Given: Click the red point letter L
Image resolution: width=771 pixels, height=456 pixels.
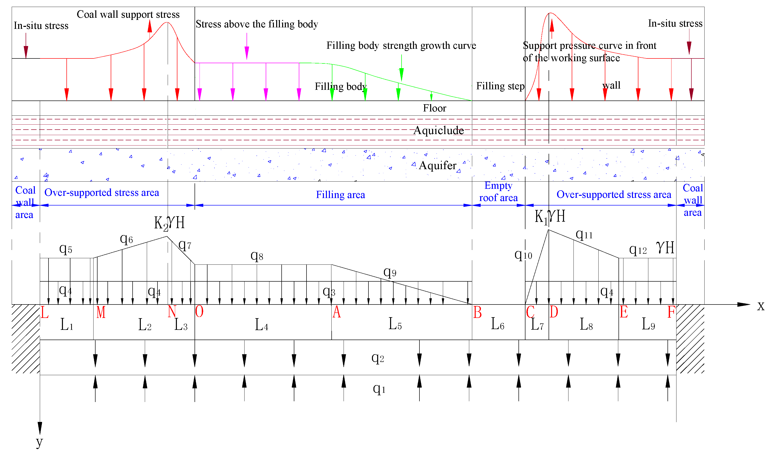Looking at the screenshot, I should tap(45, 312).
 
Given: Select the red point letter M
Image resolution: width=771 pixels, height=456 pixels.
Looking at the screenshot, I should tap(101, 312).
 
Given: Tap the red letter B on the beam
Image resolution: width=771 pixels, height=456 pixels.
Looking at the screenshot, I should tap(477, 312).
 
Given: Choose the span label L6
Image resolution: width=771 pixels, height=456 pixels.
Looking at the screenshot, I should tap(498, 324).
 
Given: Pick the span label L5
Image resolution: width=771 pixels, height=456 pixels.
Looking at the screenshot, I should tap(395, 324).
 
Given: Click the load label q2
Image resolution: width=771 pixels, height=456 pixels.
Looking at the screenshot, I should tap(378, 358).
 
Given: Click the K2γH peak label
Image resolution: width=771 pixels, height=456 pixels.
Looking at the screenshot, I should tap(169, 223).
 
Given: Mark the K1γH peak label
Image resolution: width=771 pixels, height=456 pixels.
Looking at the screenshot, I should tap(550, 216).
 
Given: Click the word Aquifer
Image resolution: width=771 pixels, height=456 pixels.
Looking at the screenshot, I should tap(437, 166).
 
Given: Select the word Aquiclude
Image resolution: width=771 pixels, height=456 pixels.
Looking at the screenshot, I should tap(439, 131).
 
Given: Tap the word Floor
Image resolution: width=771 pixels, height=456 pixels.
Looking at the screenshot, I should tap(434, 108).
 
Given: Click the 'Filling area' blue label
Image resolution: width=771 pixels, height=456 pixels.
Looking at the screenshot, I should tap(341, 195).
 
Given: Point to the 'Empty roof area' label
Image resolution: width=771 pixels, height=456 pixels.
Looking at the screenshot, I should tap(498, 192).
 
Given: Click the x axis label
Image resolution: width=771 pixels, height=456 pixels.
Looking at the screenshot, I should tap(761, 306).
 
